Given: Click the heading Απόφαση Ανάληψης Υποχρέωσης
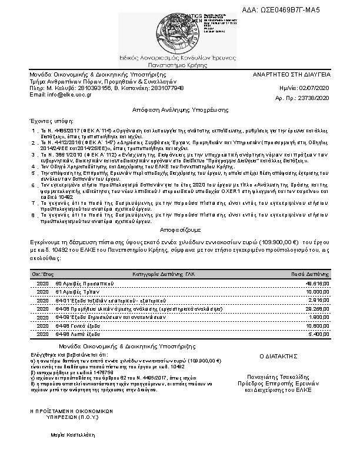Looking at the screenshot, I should click(x=180, y=110).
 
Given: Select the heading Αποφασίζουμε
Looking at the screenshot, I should click(x=180, y=231).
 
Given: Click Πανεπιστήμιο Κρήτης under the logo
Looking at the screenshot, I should click(x=180, y=67).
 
